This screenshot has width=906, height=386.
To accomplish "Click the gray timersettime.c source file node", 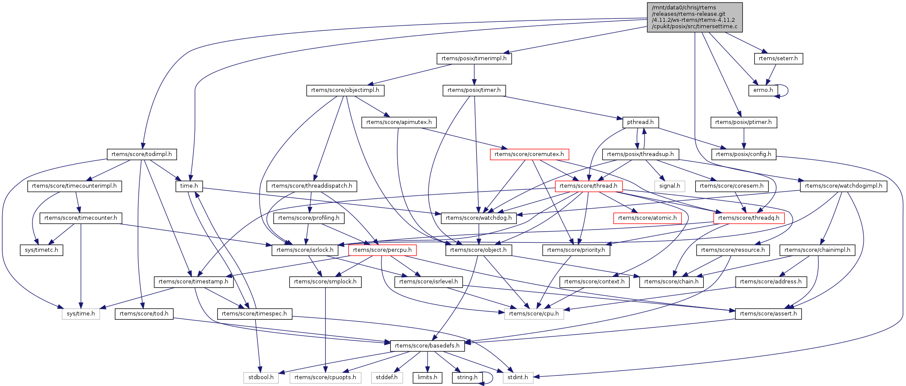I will click(x=694, y=17).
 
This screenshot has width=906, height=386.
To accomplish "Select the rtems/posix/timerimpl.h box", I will click(x=474, y=59).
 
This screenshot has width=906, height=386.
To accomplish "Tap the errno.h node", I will click(x=763, y=90).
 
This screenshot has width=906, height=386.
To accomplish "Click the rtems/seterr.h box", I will click(x=778, y=59).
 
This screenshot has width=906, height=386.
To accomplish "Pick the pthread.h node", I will click(x=640, y=122).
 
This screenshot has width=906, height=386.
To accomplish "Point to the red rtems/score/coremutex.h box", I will click(x=529, y=154).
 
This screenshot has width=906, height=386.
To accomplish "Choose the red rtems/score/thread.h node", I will click(x=588, y=186).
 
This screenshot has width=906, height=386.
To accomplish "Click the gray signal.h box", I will click(x=670, y=186).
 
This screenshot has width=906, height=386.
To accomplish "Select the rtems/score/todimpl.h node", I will click(x=142, y=154).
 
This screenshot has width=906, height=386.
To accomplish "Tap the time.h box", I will click(x=189, y=186).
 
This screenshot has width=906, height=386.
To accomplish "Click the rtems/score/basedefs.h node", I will click(x=427, y=346).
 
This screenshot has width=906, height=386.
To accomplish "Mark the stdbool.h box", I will click(x=261, y=377).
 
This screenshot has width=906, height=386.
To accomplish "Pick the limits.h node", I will click(x=427, y=377).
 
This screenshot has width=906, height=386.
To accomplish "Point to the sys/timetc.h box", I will click(x=41, y=250).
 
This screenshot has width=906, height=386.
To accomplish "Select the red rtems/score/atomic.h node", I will click(x=647, y=218).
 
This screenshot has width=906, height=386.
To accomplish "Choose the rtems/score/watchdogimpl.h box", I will click(x=843, y=186).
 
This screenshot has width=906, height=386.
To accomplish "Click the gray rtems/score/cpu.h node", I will click(x=534, y=314).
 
